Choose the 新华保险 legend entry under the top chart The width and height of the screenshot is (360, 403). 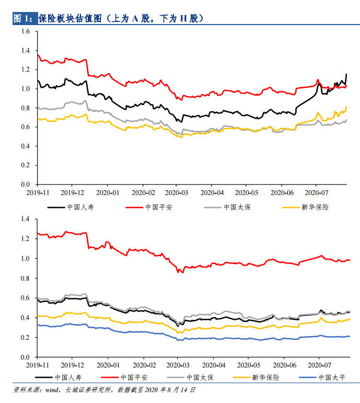(315, 207)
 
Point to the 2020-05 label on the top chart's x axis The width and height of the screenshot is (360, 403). (246, 192)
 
